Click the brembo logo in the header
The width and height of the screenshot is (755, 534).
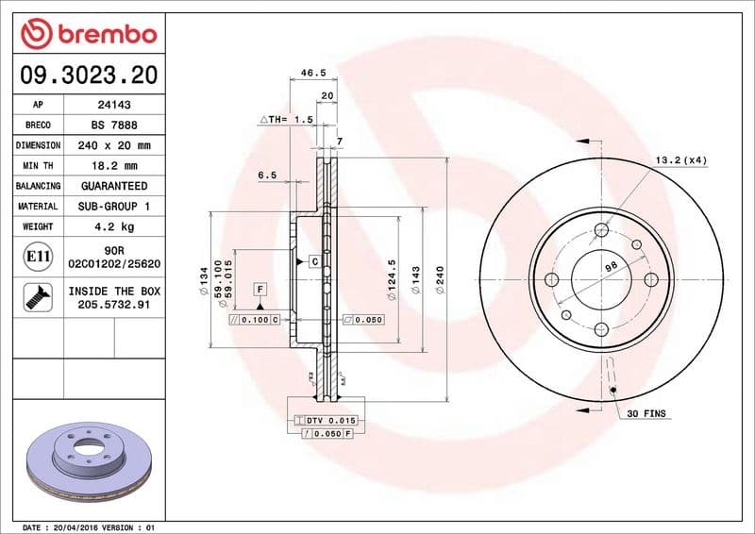pos(88,33)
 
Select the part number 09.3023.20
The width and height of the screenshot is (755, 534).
pos(88,73)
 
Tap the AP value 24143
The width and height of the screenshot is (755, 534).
pos(113,105)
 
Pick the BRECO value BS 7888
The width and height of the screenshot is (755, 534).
pos(113,125)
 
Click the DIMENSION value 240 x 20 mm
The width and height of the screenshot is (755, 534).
pos(113,145)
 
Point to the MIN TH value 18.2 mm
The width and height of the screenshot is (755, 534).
pos(113,165)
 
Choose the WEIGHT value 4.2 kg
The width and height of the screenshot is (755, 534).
pos(113,226)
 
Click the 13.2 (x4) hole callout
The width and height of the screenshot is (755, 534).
pos(680,160)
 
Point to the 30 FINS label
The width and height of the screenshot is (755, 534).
pos(646,414)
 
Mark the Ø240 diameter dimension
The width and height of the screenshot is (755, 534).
pos(440,280)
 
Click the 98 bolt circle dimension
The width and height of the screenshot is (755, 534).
pos(611,267)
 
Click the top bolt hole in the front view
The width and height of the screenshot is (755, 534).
pos(603,229)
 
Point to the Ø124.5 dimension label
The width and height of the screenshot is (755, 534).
pos(391,280)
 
